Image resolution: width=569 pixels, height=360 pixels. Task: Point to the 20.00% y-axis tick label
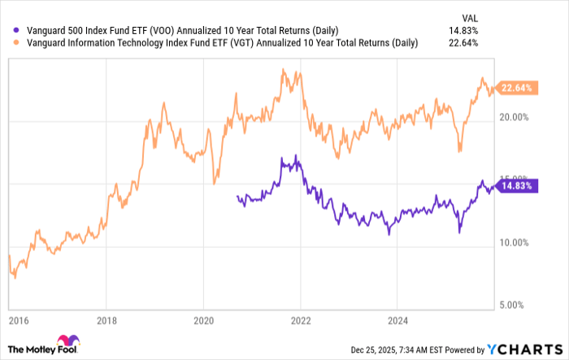pyautogui.click(x=514, y=117)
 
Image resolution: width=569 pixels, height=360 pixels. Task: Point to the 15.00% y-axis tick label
pyautogui.click(x=514, y=180)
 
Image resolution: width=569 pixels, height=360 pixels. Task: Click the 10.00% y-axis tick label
pyautogui.click(x=514, y=242)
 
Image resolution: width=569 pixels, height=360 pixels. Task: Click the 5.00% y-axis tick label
pyautogui.click(x=515, y=305)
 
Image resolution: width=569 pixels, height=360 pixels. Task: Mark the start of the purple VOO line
pyautogui.click(x=236, y=196)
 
